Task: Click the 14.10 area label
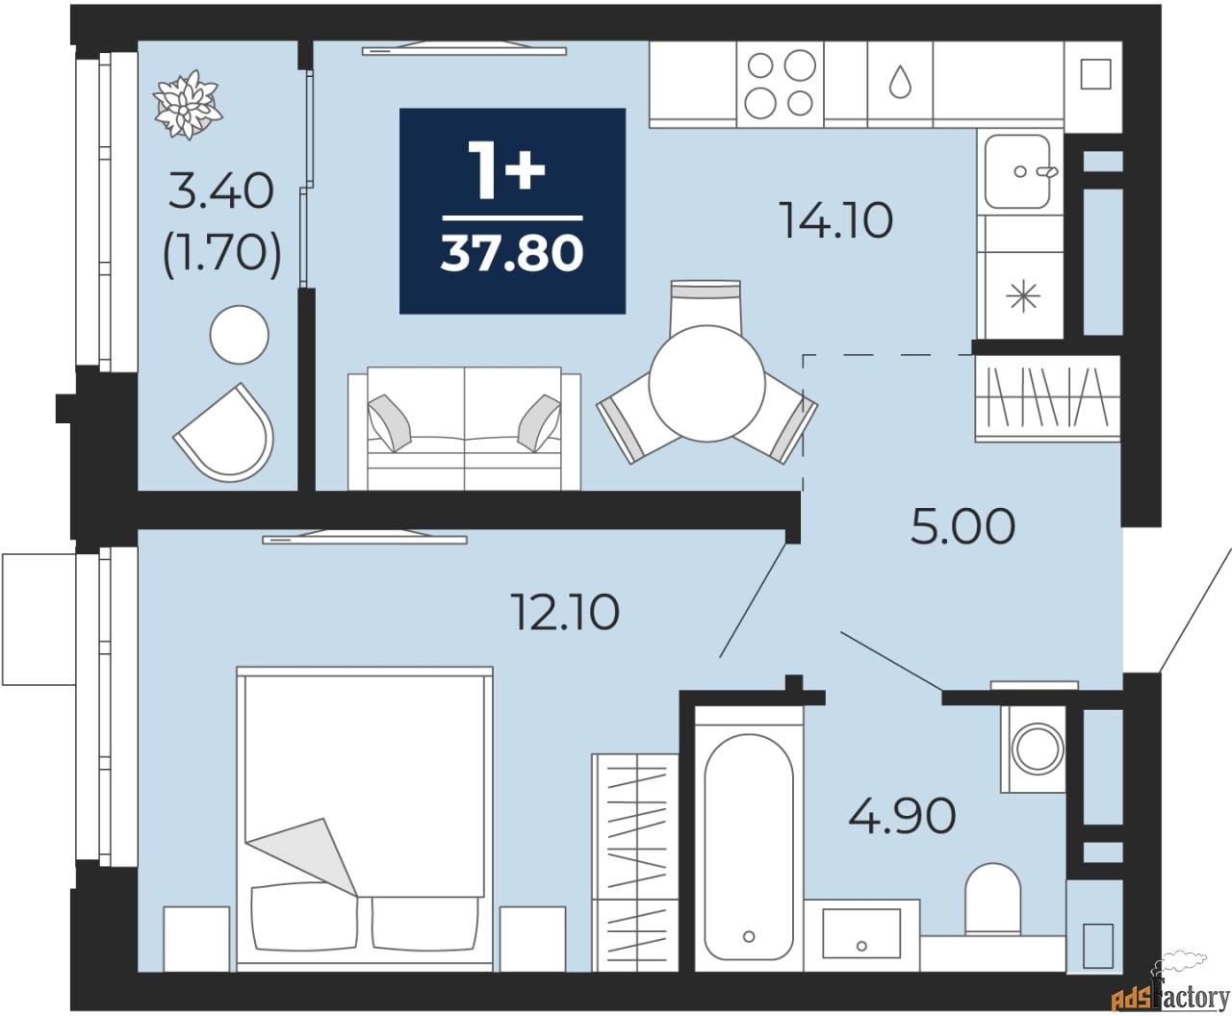(x=836, y=220)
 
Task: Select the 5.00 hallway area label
(x=962, y=526)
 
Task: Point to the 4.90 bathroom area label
(x=902, y=815)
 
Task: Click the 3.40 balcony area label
(x=220, y=191)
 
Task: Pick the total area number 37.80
(x=512, y=252)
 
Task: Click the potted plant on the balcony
(x=188, y=105)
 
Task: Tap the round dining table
(x=706, y=383)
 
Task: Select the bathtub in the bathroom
(x=749, y=838)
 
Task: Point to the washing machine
(x=1033, y=749)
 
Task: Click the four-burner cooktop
(x=780, y=85)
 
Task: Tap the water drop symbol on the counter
(x=900, y=82)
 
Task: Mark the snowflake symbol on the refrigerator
(x=1024, y=296)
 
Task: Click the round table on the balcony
(x=239, y=335)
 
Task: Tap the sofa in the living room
(x=464, y=428)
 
